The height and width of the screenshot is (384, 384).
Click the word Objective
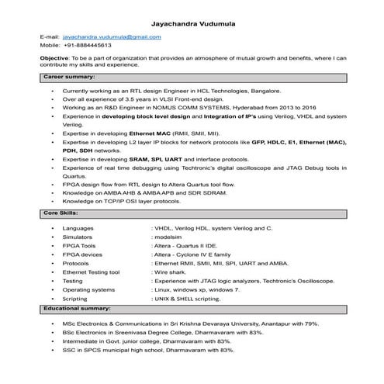[x=54, y=58]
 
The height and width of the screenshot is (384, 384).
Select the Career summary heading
[x=69, y=78]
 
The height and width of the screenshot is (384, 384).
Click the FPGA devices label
[x=82, y=253]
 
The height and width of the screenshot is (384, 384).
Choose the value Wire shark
[x=172, y=273]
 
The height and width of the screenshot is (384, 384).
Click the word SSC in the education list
[x=69, y=350]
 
